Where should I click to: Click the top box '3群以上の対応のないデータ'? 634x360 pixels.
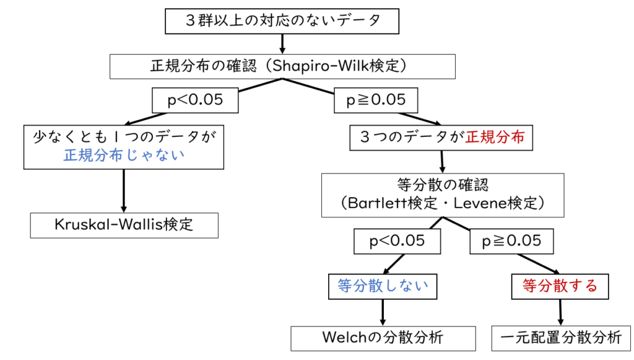coord(282,21)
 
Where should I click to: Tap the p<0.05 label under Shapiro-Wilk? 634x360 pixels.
coord(195,100)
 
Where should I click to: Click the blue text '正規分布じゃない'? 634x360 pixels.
coord(124,156)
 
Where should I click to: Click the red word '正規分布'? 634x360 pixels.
coord(495,137)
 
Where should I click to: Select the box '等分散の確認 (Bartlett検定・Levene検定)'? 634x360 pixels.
coord(442,194)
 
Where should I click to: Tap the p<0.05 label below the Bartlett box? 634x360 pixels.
coord(397,240)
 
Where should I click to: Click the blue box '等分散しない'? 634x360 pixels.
coord(383,286)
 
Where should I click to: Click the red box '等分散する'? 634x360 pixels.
coord(560,286)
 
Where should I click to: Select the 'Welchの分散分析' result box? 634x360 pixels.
coord(383,338)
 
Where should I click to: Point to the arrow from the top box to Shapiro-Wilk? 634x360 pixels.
coord(282,43)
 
